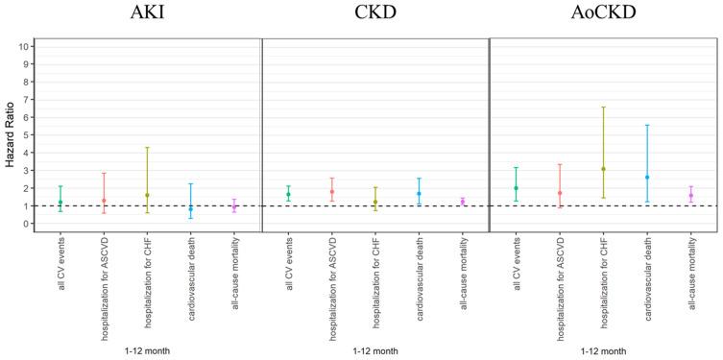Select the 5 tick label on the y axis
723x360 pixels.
tap(28, 135)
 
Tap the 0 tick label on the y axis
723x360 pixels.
tap(28, 224)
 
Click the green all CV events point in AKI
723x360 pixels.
tap(60, 203)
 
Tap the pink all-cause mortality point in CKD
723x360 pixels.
tap(463, 202)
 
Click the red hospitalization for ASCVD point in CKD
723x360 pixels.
tap(331, 192)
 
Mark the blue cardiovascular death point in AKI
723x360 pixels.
tap(191, 208)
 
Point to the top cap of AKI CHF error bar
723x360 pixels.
tap(147, 148)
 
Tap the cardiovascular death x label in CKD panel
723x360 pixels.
tap(420, 279)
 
